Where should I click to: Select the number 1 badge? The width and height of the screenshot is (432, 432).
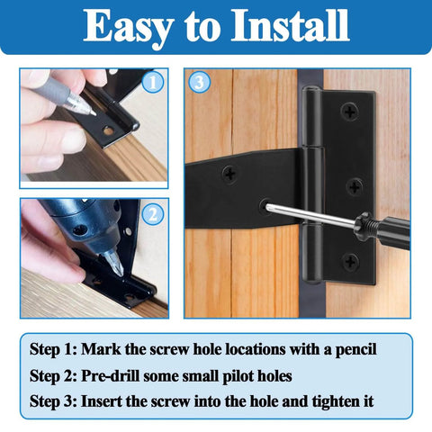[x=153, y=83]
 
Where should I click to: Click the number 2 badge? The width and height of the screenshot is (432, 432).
[x=153, y=214]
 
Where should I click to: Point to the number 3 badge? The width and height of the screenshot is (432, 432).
[x=200, y=83]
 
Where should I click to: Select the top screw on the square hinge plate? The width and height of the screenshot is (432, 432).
[x=350, y=112]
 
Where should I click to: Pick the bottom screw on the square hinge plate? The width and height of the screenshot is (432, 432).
[x=350, y=261]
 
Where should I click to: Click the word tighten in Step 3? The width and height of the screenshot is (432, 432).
[x=329, y=400]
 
